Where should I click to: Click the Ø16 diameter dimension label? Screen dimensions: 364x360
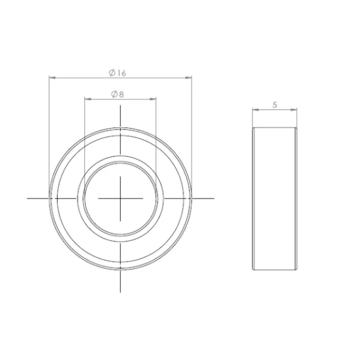[x=118, y=73]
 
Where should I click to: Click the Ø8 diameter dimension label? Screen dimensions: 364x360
[x=118, y=94]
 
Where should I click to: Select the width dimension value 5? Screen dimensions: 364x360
[x=275, y=105]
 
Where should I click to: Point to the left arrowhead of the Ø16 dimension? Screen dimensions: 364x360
[x=52, y=78]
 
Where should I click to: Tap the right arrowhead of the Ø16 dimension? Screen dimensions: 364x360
[x=189, y=78]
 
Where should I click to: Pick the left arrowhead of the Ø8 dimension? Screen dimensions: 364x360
[x=87, y=99]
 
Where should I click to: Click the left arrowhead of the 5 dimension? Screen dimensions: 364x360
[x=255, y=110]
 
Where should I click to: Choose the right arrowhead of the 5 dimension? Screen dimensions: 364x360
[x=294, y=110]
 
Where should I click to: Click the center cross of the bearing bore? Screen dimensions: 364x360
[x=120, y=199]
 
